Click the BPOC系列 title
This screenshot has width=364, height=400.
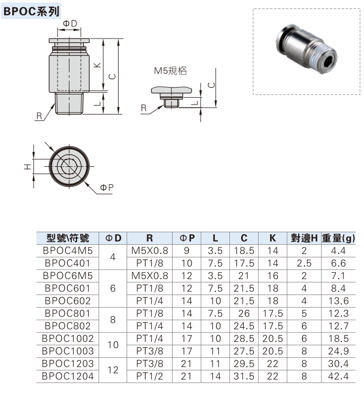coord(31,11)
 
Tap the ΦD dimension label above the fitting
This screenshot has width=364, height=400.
coord(70,23)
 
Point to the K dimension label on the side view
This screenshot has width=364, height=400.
coord(98,65)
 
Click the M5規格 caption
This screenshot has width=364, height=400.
coord(170,71)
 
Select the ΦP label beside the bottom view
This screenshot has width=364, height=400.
coord(107,188)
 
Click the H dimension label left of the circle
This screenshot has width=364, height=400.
coord(27,167)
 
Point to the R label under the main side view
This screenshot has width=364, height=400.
coord(39,116)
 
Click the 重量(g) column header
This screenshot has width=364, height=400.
coord(338,239)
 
